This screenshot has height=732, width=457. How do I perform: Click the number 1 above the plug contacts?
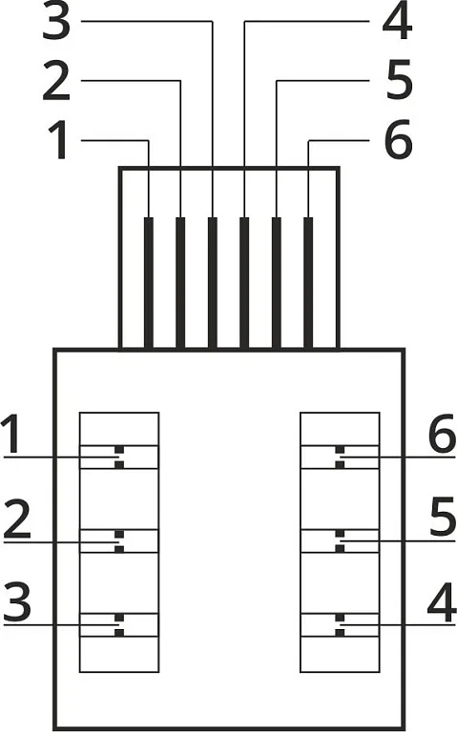(59, 140)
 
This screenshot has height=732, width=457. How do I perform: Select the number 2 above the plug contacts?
(56, 81)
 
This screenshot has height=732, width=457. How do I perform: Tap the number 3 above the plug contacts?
(56, 22)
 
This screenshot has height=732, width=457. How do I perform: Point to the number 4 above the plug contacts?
(397, 22)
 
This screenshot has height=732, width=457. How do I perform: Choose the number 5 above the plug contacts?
(400, 81)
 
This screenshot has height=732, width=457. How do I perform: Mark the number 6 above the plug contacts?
(399, 139)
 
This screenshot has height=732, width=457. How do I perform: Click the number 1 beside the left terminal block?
(12, 435)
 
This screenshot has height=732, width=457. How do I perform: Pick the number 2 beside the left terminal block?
(17, 518)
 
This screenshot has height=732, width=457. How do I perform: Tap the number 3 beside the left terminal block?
(17, 602)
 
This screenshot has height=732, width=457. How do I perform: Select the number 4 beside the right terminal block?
(442, 602)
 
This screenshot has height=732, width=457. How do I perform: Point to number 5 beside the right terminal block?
(443, 517)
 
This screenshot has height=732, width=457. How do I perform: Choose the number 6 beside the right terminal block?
(442, 434)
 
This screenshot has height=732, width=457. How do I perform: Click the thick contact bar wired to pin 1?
(149, 283)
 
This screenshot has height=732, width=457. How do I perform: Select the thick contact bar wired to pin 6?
(308, 283)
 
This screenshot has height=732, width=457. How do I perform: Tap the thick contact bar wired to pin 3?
(212, 283)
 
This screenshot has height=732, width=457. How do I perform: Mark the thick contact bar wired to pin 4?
(244, 283)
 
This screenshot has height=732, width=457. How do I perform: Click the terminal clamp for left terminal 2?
(119, 541)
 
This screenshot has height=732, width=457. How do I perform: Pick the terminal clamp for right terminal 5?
(340, 541)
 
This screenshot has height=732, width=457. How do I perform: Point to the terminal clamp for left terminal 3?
(119, 624)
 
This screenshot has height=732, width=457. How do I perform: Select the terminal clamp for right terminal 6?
(340, 457)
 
